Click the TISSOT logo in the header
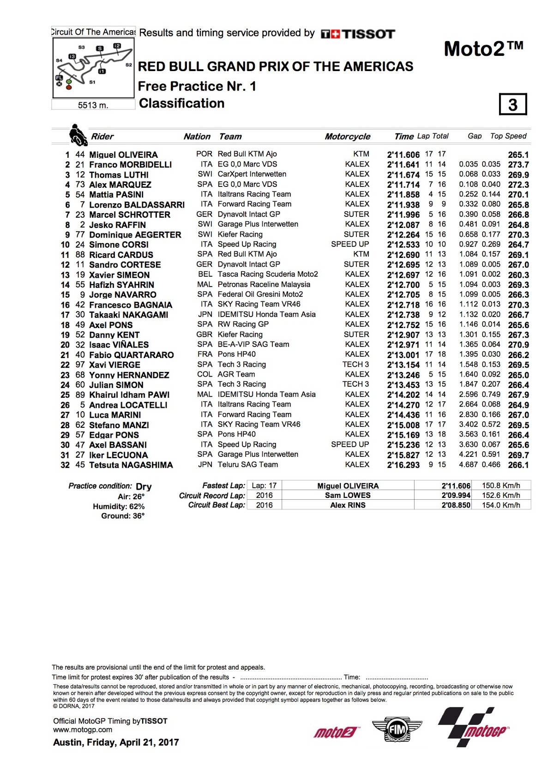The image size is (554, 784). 358,34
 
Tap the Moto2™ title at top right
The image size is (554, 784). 483,48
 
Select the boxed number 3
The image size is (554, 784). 513,105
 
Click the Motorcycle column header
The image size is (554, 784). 347,137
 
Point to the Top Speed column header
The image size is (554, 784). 508,136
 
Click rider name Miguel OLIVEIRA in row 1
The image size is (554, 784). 123,155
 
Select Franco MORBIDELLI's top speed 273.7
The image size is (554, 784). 518,165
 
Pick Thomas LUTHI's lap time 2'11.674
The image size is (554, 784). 403,175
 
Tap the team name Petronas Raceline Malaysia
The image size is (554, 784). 264,284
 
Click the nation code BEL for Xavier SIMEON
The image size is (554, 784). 205,274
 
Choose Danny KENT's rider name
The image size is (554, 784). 114,335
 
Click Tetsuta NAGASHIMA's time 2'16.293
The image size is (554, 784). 403,465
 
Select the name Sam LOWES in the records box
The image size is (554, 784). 348,495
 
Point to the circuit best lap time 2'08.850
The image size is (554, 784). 456,505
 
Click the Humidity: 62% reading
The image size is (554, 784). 119,506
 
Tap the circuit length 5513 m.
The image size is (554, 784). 93,105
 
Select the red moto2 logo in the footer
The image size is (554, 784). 335,732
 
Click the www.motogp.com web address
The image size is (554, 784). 83,730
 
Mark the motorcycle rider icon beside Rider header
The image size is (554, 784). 78,135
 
